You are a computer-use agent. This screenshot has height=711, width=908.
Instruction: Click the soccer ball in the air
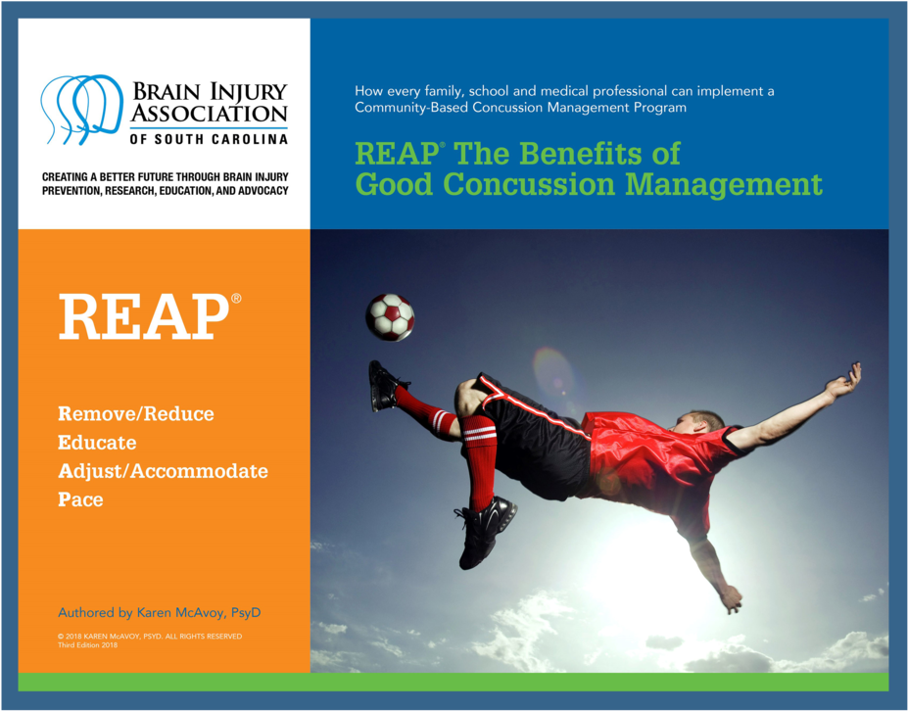click(x=390, y=317)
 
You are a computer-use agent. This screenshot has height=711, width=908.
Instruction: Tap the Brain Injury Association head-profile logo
click(x=81, y=109)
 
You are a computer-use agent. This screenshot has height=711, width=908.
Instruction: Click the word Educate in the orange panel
click(x=97, y=443)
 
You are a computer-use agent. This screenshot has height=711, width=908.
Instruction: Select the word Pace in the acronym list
click(x=80, y=499)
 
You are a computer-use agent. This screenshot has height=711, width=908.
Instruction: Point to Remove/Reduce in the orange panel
click(x=136, y=413)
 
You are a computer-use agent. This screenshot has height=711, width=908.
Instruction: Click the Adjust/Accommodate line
click(x=163, y=471)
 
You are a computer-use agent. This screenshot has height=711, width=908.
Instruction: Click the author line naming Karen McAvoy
click(x=160, y=612)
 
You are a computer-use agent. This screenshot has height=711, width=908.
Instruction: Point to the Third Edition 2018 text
click(x=87, y=645)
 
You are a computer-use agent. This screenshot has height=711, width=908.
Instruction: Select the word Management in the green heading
click(x=724, y=185)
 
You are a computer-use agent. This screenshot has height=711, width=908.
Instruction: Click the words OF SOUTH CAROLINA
click(x=209, y=139)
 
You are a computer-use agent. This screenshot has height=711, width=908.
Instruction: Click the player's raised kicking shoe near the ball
click(x=385, y=385)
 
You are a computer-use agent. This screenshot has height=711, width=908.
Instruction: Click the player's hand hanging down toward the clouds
click(x=731, y=599)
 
